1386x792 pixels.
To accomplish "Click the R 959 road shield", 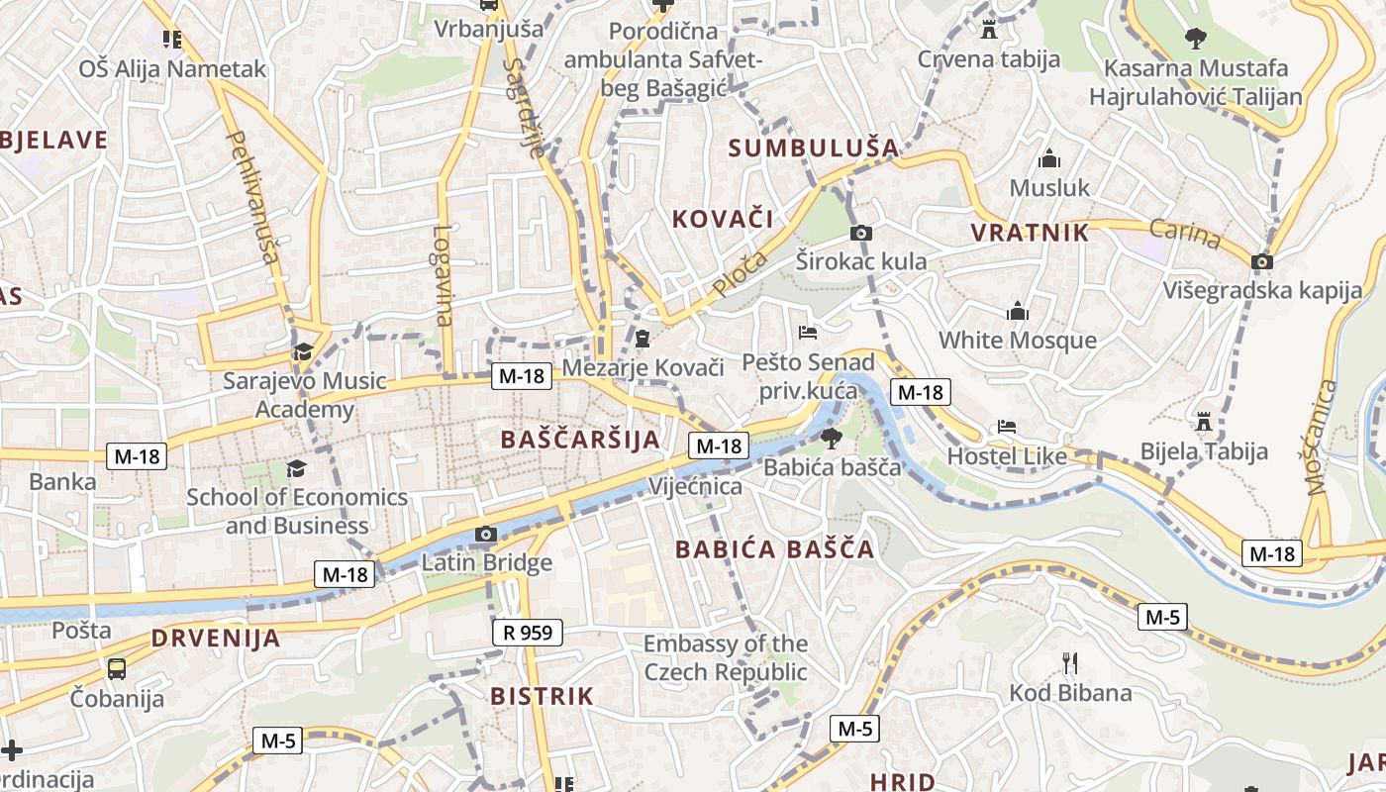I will tap(528, 632).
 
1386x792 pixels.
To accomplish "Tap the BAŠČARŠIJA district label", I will tap(580, 440).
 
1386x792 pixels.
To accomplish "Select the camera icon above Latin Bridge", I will tap(485, 535).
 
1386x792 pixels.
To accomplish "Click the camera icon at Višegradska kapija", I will tap(1262, 262).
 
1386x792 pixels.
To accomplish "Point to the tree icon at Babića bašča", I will tap(831, 437).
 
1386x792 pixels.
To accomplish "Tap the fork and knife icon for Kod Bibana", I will tap(1069, 662).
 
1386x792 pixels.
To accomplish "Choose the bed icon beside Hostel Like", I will tap(1007, 427).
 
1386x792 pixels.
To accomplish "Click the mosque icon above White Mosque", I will tap(1018, 311).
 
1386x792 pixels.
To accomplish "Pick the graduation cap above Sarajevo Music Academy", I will tap(303, 351).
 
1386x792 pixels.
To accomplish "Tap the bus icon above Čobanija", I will tap(117, 668).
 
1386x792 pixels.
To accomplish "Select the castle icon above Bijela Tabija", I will tap(1204, 422).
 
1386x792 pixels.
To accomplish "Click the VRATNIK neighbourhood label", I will tap(1030, 234).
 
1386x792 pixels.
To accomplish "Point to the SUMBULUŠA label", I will tap(814, 148).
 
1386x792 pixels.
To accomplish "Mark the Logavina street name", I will tap(443, 276).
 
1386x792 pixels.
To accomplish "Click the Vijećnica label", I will tap(695, 486).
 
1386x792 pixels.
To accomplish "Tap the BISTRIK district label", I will tap(543, 696).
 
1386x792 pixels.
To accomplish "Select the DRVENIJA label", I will tap(216, 639).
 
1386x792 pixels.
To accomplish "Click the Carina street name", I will tap(1185, 234).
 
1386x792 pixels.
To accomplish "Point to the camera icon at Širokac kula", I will tap(861, 234).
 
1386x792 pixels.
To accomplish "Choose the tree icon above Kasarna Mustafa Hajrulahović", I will tap(1196, 39).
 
